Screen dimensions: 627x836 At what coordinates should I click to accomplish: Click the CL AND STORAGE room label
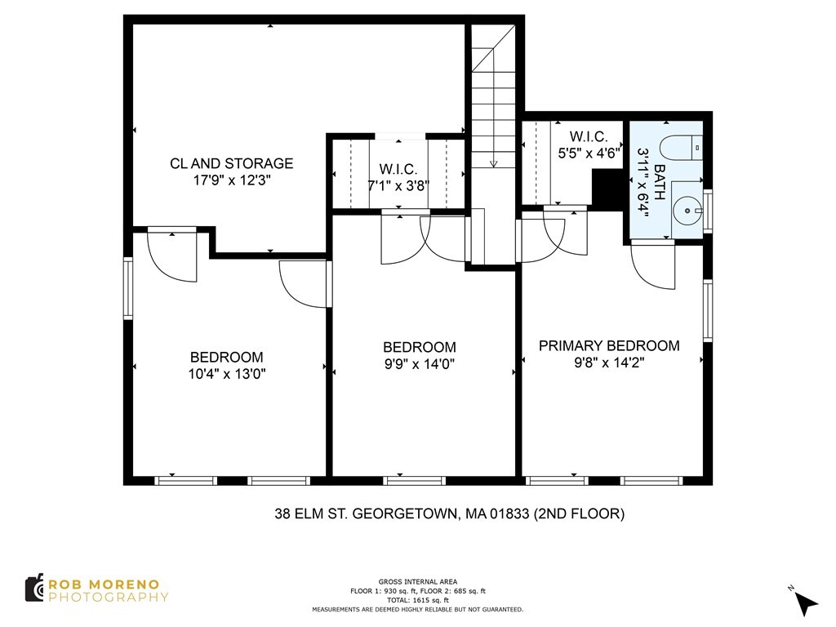coord(231,163)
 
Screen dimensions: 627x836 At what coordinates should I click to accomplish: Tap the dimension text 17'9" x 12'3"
coord(231,181)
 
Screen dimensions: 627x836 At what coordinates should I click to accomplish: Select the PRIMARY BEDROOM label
coord(609,345)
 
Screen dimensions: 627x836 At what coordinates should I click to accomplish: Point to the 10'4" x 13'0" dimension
coord(226,375)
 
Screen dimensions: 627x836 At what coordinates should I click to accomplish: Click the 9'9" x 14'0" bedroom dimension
coord(419,365)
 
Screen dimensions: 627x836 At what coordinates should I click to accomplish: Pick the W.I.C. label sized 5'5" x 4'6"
coord(588,136)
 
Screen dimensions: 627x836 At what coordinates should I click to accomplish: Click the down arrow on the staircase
coord(493,162)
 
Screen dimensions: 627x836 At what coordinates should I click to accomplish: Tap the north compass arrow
coord(805,603)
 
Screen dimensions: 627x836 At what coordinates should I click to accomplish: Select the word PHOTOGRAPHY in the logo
coord(109,597)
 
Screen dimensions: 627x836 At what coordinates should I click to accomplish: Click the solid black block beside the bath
coord(606,190)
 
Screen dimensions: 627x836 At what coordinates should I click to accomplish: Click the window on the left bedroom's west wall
coord(128,287)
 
